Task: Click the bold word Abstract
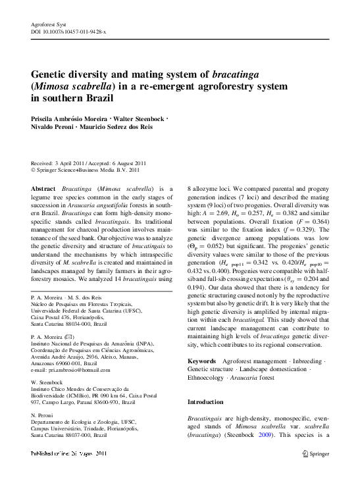point(43,188)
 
